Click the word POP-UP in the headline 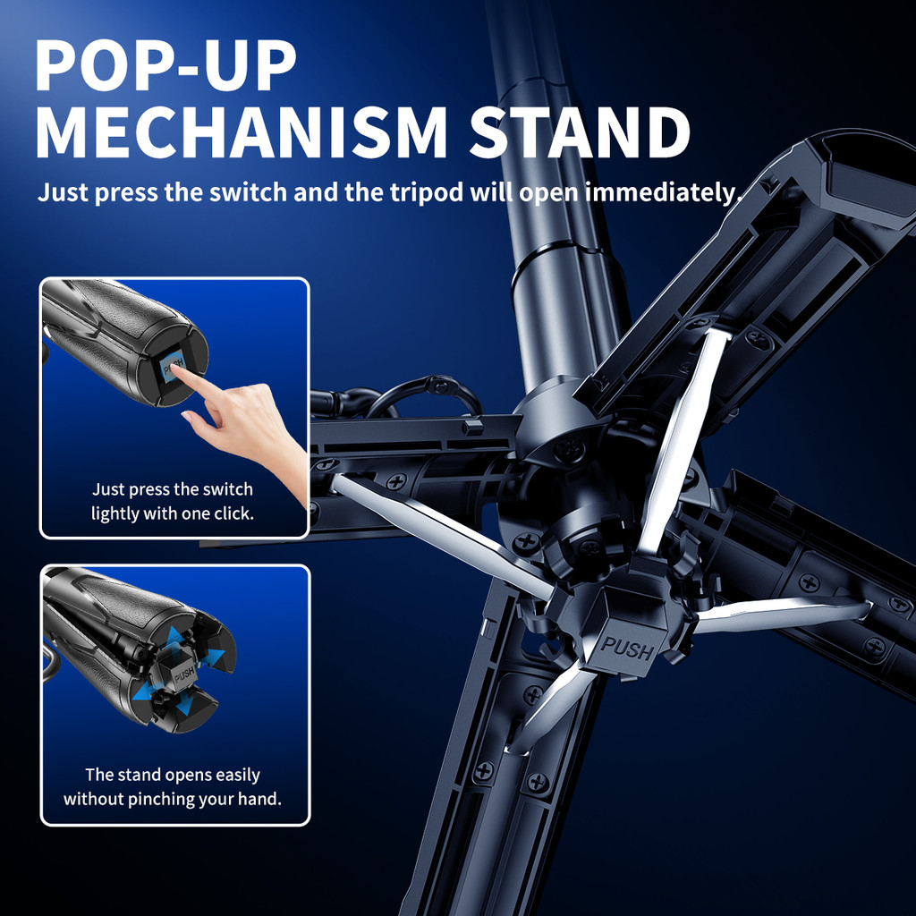click(x=165, y=65)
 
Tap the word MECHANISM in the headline click(x=242, y=132)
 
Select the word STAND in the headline click(x=580, y=132)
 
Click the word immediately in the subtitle click(x=663, y=193)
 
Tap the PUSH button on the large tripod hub click(x=627, y=648)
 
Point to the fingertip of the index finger click(x=174, y=369)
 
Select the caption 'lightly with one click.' click(x=173, y=514)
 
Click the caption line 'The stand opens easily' click(x=173, y=776)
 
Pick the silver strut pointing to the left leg click(x=442, y=536)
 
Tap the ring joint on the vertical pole click(x=555, y=256)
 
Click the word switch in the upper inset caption click(x=230, y=489)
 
